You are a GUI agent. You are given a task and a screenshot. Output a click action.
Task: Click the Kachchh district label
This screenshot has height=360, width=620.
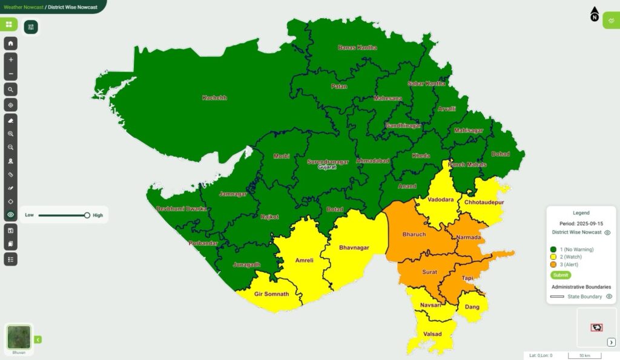pyautogui.click(x=215, y=97)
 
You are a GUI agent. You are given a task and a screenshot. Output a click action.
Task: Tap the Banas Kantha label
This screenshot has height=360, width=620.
pyautogui.click(x=357, y=47)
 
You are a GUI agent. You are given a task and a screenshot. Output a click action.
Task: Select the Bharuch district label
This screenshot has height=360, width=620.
pyautogui.click(x=414, y=234)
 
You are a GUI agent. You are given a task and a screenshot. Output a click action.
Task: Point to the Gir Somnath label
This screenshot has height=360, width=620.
pyautogui.click(x=271, y=294)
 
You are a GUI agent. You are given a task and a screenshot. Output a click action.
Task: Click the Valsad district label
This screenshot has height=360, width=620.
pyautogui.click(x=432, y=334)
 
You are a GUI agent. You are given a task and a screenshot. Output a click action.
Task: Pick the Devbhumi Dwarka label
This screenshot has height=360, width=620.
pyautogui.click(x=182, y=209)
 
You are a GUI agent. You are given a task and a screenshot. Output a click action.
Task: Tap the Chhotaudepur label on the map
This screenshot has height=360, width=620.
pyautogui.click(x=484, y=202)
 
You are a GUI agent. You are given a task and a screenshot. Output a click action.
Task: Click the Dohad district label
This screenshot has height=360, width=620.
pyautogui.click(x=501, y=154)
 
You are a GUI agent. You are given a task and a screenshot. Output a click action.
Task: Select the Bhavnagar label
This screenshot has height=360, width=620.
pyautogui.click(x=354, y=247)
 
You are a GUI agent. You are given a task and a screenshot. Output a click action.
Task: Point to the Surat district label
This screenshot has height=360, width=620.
pyautogui.click(x=429, y=272)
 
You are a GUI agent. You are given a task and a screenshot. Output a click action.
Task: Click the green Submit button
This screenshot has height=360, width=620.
pyautogui.click(x=561, y=275)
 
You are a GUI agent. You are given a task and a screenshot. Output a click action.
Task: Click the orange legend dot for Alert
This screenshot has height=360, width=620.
pyautogui.click(x=553, y=264)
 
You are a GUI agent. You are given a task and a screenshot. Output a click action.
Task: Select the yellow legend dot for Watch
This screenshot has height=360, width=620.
pyautogui.click(x=553, y=257)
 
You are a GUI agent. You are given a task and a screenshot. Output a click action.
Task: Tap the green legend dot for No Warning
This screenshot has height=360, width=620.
pyautogui.click(x=553, y=249)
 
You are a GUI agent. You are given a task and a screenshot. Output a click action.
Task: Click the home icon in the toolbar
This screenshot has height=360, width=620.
pyautogui.click(x=11, y=44)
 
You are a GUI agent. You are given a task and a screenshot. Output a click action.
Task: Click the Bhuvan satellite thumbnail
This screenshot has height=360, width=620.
pyautogui.click(x=19, y=337)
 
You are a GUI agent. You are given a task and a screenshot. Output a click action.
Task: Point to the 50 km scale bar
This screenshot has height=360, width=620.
pyautogui.click(x=584, y=355)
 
